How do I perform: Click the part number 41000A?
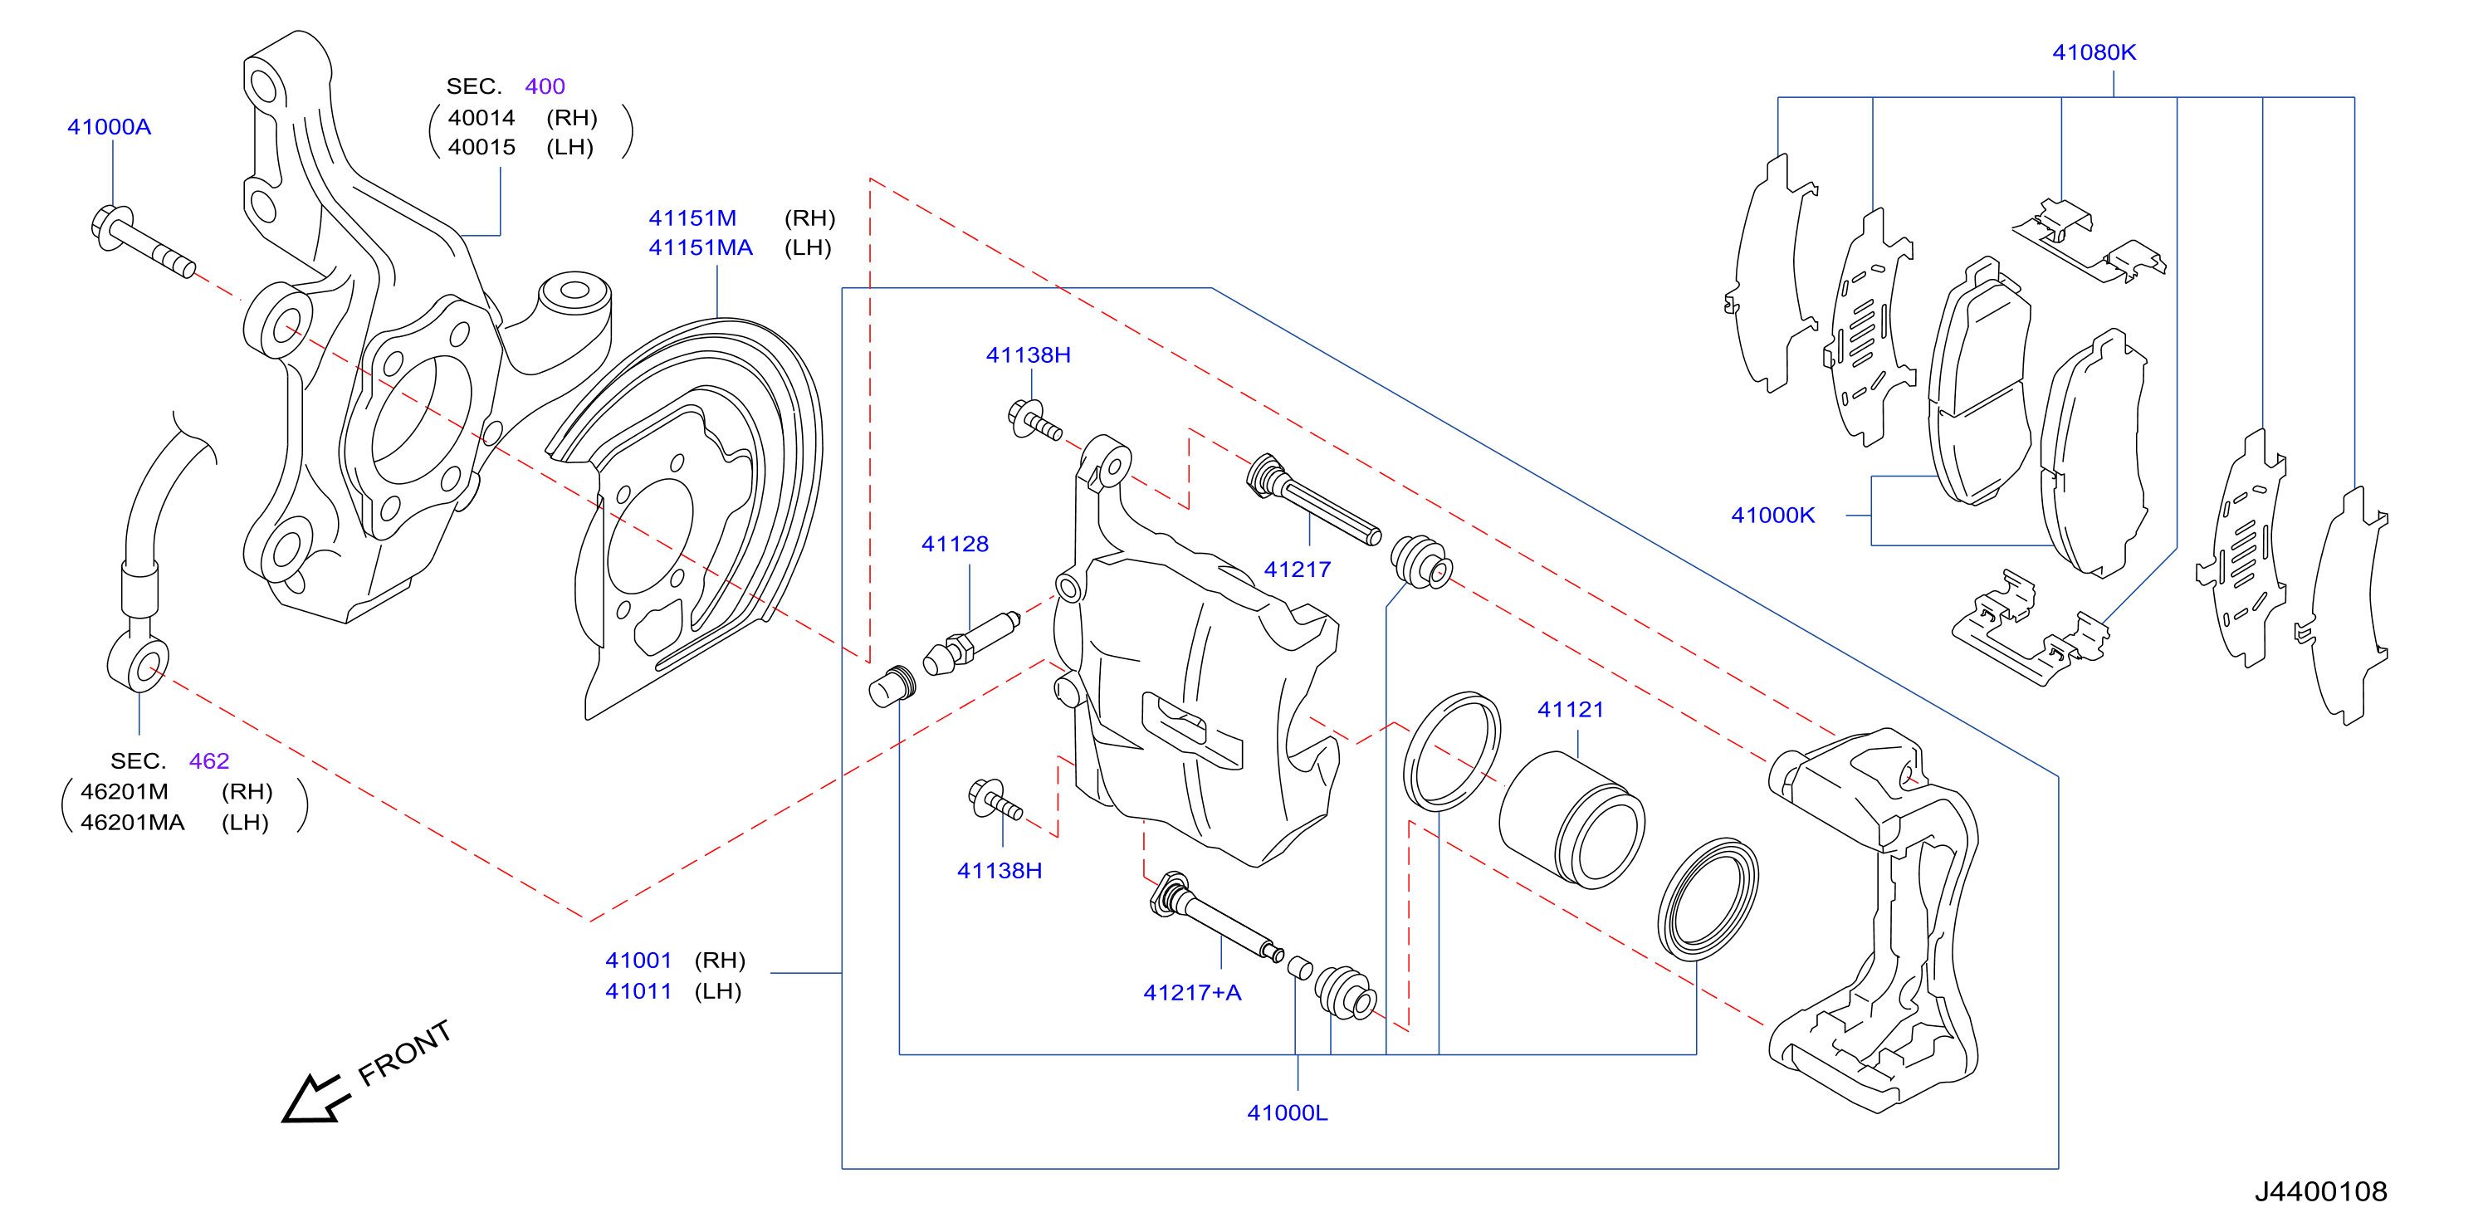pyautogui.click(x=109, y=126)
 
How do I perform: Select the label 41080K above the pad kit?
pyautogui.click(x=2094, y=52)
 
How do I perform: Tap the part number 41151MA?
pyautogui.click(x=700, y=247)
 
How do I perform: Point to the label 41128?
pyautogui.click(x=954, y=544)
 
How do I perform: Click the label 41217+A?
pyautogui.click(x=1191, y=992)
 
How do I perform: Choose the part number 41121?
pyautogui.click(x=1570, y=710)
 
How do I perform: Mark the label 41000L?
pyautogui.click(x=1287, y=1112)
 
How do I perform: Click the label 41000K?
pyautogui.click(x=1772, y=515)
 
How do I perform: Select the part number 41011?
pyautogui.click(x=638, y=991)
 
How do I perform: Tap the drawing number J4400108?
pyautogui.click(x=2320, y=1191)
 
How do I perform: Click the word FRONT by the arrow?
pyautogui.click(x=404, y=1053)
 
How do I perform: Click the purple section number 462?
pyautogui.click(x=209, y=760)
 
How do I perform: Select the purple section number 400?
pyautogui.click(x=545, y=86)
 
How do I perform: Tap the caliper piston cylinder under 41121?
pyautogui.click(x=1572, y=819)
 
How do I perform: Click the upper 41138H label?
pyautogui.click(x=1028, y=354)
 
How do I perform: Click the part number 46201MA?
pyautogui.click(x=132, y=822)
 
